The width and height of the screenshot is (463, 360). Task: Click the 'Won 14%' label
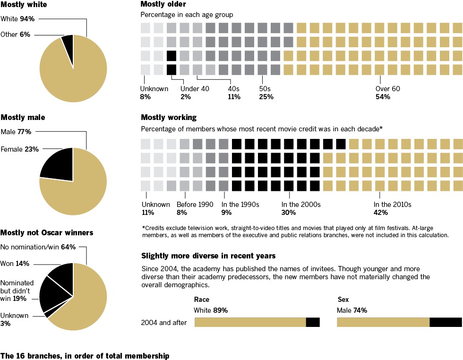coord(15,263)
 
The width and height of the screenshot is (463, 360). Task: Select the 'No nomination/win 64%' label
coord(38,247)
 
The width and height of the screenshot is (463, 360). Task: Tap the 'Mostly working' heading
coord(169,117)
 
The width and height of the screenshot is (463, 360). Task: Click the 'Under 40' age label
coord(195,88)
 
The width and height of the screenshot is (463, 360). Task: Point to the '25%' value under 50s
coord(266,97)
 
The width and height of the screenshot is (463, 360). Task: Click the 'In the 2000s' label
coord(301,205)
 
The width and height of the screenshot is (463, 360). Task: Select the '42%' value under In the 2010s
coord(381,213)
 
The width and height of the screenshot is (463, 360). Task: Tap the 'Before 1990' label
coord(195,205)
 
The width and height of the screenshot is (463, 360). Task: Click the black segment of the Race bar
coord(313,322)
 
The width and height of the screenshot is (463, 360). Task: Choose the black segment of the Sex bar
coord(446,322)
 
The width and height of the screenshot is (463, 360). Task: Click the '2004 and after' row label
coord(164,323)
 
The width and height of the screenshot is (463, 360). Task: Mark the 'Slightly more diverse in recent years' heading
coord(208,256)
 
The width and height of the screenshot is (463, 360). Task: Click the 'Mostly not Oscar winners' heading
coord(47,232)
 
